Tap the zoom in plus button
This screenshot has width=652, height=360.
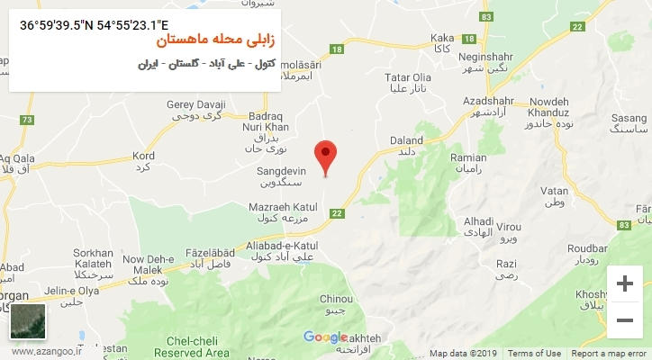[623, 284]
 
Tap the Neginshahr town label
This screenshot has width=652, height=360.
[485, 55]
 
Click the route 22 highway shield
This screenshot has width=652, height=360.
[337, 212]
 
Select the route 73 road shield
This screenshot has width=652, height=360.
[27, 120]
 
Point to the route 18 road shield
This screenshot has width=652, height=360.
[337, 49]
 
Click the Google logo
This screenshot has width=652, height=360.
[325, 337]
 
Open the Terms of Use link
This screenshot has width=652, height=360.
[534, 354]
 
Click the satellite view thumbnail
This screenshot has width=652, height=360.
[27, 321]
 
